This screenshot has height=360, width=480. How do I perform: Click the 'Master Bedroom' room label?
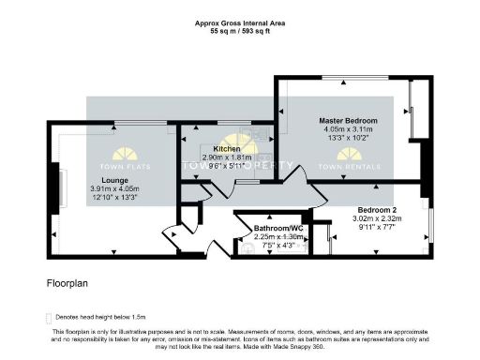click(348, 121)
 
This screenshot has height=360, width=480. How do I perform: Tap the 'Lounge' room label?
click(102, 179)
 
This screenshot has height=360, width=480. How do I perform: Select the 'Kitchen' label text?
click(227, 149)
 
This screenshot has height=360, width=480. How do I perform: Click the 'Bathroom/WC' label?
click(278, 228)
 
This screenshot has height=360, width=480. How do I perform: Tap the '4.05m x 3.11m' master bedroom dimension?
click(348, 130)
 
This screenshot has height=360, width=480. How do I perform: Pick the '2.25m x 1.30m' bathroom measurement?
click(278, 237)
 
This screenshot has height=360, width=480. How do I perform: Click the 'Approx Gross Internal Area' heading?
click(239, 22)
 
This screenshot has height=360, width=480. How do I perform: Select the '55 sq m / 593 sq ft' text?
click(239, 31)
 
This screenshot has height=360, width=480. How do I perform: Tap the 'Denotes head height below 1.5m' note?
click(100, 318)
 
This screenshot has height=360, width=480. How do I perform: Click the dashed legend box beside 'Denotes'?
click(49, 318)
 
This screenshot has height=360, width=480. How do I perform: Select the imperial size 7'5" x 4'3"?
click(278, 246)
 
